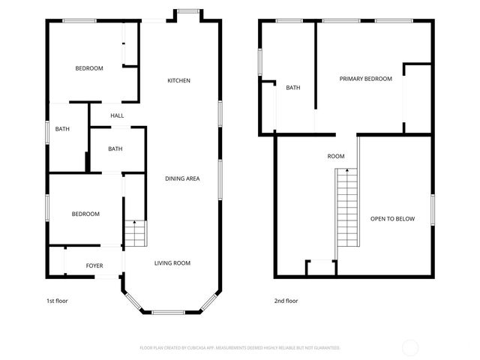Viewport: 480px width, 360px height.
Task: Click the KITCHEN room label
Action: [178, 80]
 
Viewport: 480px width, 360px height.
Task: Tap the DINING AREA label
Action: [182, 178]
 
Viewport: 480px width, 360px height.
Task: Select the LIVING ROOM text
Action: [172, 263]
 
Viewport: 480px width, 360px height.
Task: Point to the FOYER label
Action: [94, 266]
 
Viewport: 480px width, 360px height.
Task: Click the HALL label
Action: [117, 115]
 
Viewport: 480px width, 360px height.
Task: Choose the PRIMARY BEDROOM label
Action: [365, 79]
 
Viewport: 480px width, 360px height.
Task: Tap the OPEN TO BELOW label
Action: [392, 219]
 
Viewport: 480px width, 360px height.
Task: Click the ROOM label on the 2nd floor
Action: [336, 157]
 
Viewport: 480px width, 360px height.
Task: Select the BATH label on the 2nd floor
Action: [292, 88]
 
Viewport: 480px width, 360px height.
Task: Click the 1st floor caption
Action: [57, 301]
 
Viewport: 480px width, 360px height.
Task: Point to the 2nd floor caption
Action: [286, 301]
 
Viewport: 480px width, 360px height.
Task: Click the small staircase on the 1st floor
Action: [133, 234]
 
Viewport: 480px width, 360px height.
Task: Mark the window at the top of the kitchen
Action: [188, 10]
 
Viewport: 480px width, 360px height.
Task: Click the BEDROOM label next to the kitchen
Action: [88, 68]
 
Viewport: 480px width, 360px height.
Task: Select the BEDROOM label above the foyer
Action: [85, 214]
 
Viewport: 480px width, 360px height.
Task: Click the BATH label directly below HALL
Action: [115, 148]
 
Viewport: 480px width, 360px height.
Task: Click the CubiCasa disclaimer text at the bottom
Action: [240, 348]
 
